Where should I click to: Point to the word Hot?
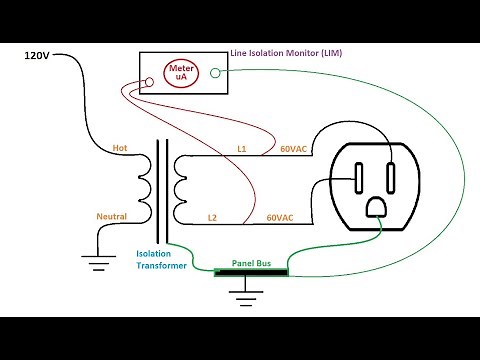click(x=120, y=148)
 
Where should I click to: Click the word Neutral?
click(x=111, y=216)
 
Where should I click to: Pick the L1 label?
click(x=241, y=148)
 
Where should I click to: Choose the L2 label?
click(x=212, y=216)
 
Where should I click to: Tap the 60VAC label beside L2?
click(x=280, y=216)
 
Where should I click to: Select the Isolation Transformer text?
click(x=161, y=260)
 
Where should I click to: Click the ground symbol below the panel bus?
click(x=240, y=296)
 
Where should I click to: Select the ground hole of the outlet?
click(x=376, y=206)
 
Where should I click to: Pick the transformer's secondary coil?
click(x=180, y=182)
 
